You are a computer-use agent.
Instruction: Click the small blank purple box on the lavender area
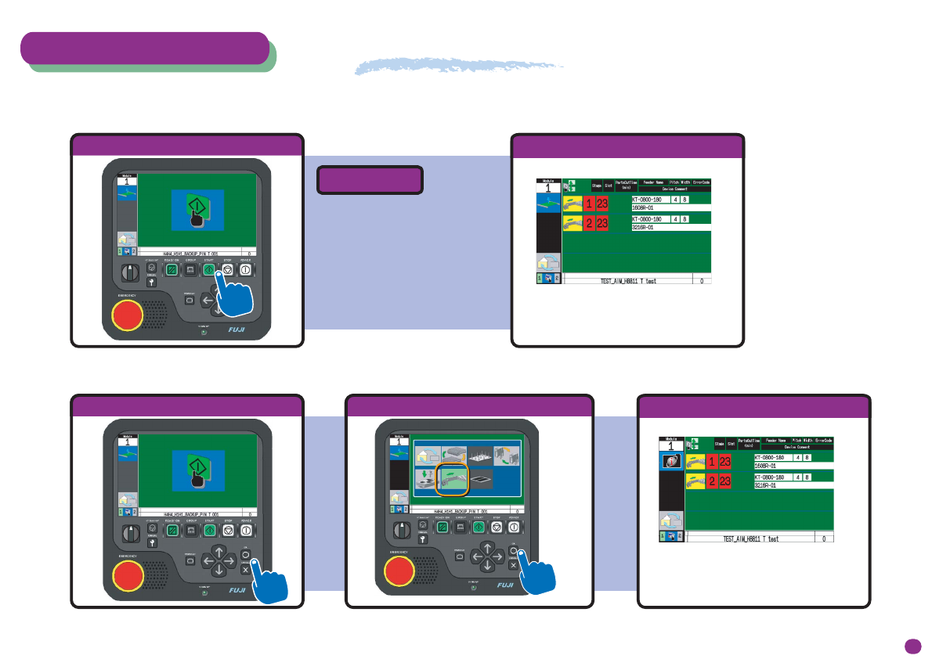370,180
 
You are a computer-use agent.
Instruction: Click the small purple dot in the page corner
912,645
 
